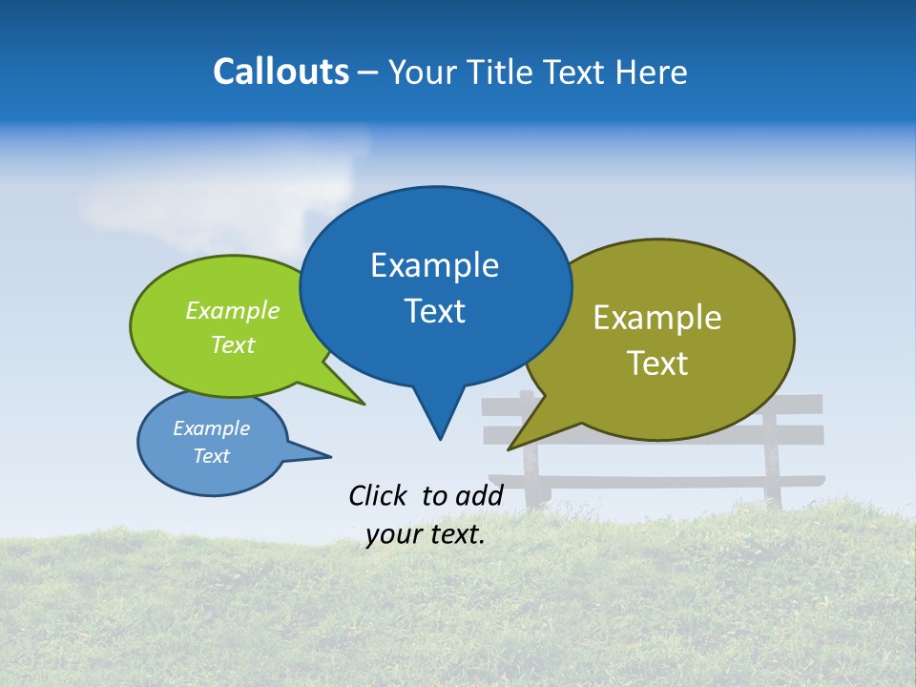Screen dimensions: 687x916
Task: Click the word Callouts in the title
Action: (281, 72)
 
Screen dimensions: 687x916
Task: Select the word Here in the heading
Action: (650, 72)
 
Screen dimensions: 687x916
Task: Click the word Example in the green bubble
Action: (233, 311)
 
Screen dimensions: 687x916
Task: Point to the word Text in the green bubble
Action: (233, 344)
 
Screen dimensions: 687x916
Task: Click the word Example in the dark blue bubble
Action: (434, 265)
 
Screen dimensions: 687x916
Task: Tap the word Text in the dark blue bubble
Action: (434, 311)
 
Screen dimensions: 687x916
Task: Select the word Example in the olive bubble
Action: (657, 318)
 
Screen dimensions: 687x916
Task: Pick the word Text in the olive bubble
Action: (657, 363)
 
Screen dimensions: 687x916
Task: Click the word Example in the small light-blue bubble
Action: (212, 428)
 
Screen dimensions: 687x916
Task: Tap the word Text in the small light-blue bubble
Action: (212, 456)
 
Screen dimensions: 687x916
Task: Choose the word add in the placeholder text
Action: (479, 495)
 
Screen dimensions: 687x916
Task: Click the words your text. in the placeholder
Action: (426, 535)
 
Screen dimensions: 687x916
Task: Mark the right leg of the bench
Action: (772, 477)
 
